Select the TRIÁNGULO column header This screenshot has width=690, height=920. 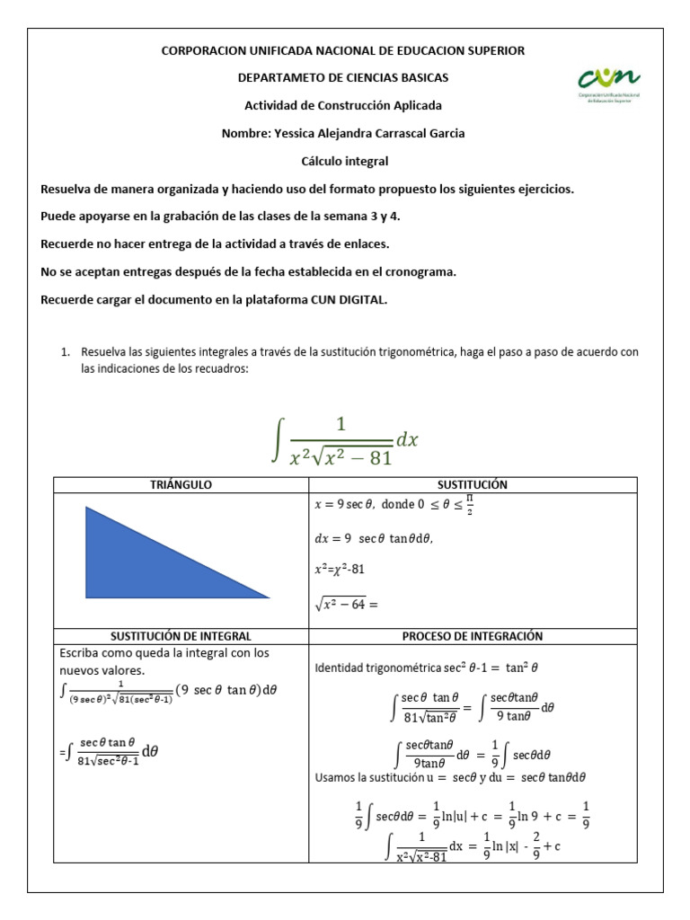tap(181, 484)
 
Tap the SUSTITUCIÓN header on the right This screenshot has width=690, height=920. tap(473, 484)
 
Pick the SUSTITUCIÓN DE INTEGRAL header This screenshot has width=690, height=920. tap(181, 636)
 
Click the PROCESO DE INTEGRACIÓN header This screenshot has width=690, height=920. tap(473, 636)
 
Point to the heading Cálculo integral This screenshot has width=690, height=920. tap(344, 161)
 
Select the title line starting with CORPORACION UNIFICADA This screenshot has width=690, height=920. tap(343, 51)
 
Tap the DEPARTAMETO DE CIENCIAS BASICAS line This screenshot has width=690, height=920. tap(343, 78)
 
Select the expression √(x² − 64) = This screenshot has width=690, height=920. tap(346, 604)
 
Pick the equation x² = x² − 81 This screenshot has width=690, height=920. tap(340, 570)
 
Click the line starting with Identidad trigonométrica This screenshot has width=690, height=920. tap(426, 668)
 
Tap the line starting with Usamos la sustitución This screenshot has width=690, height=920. tap(450, 776)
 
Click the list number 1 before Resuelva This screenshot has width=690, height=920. tap(66, 352)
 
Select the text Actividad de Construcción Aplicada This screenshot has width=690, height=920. tap(343, 106)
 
